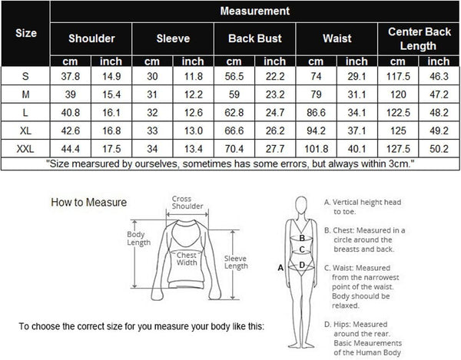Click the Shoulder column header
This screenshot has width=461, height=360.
click(x=91, y=38)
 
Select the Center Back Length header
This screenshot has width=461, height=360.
click(x=419, y=38)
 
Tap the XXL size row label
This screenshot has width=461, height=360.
click(x=25, y=149)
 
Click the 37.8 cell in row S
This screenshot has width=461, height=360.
click(x=70, y=76)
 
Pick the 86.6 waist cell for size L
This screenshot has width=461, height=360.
click(x=316, y=113)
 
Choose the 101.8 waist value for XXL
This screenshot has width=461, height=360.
click(x=316, y=149)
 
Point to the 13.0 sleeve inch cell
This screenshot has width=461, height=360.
click(x=193, y=130)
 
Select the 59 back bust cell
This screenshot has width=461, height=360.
click(x=234, y=94)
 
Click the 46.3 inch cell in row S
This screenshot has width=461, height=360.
click(x=439, y=76)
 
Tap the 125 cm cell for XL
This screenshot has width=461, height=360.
click(x=398, y=130)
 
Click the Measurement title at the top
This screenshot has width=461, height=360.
click(x=255, y=11)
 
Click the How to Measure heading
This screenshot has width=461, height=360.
click(x=89, y=203)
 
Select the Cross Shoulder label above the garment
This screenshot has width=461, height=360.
click(x=187, y=203)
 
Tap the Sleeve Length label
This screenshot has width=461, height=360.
click(x=236, y=263)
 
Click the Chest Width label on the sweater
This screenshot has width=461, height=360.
click(x=187, y=259)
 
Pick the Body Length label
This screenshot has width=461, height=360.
click(x=139, y=239)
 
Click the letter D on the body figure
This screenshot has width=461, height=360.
click(x=302, y=265)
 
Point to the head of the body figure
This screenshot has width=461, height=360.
click(x=301, y=206)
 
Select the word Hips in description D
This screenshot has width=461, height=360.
click(x=342, y=324)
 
